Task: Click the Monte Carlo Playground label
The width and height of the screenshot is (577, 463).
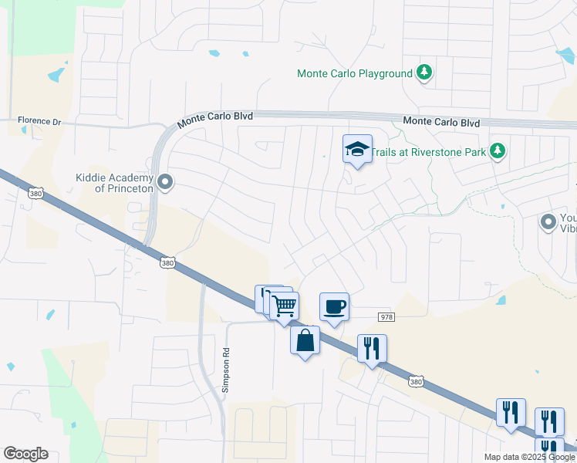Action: tap(355, 73)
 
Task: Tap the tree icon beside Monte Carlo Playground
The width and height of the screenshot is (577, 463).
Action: tap(423, 73)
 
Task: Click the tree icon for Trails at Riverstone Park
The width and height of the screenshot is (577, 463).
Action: tap(498, 150)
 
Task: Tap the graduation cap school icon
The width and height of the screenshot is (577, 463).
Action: tap(357, 149)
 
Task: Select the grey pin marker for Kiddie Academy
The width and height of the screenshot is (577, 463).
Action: tap(164, 183)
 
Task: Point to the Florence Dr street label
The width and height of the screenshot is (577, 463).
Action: tap(39, 121)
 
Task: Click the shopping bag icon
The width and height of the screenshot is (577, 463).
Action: tap(305, 340)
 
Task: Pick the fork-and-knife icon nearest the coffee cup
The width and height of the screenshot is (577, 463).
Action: tap(372, 349)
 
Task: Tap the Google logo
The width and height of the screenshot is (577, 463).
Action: tap(25, 454)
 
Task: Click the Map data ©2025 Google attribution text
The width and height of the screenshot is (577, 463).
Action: tap(529, 457)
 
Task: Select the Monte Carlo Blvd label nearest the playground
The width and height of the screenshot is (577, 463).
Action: tap(441, 122)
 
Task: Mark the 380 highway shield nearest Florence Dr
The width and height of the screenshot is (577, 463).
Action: tap(35, 193)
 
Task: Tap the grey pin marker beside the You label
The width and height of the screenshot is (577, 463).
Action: tap(548, 223)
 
